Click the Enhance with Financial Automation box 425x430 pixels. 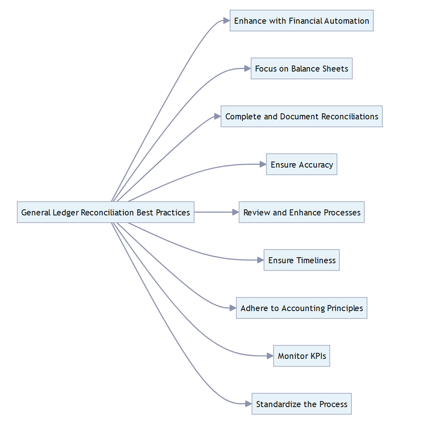301,21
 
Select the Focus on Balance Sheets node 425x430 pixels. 301,69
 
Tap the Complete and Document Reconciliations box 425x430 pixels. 301,117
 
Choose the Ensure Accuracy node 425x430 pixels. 301,164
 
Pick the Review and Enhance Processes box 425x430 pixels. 301,212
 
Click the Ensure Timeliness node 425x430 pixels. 301,260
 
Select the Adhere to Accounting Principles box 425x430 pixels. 301,308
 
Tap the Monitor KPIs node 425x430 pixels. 301,356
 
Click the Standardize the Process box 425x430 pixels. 301,404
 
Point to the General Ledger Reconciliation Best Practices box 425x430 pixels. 105,212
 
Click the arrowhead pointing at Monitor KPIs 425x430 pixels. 270,356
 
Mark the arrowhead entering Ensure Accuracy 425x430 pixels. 263,164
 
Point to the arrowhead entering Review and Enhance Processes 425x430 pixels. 235,212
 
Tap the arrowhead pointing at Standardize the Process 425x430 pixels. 248,404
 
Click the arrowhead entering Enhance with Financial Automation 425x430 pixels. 226,21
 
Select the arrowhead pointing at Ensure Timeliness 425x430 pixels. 260,260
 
